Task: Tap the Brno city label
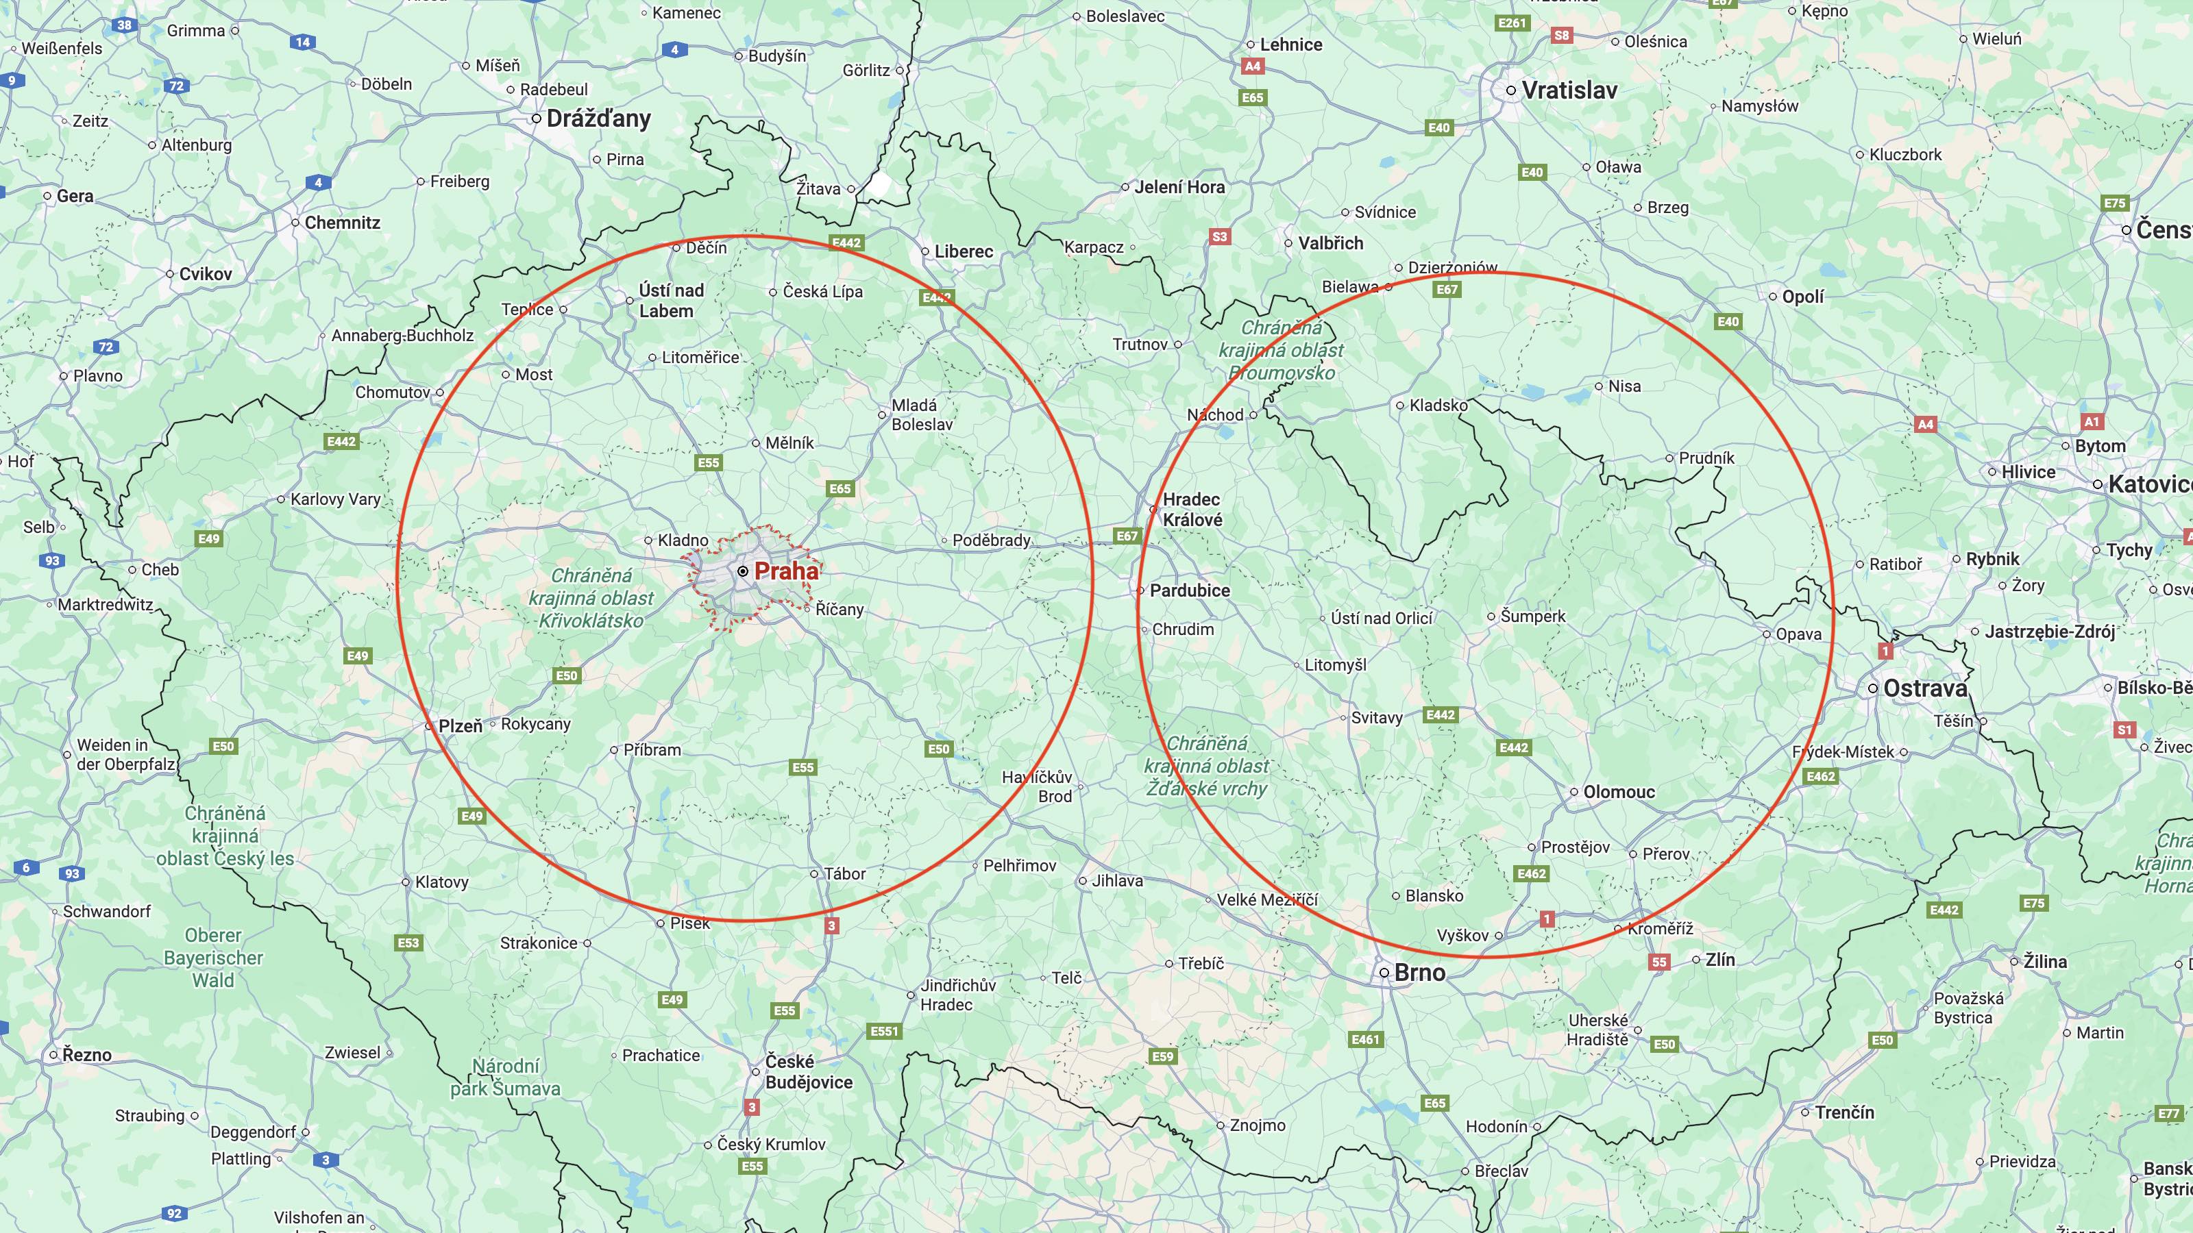coord(1419,973)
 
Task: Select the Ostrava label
coord(1925,688)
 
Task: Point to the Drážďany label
coord(598,119)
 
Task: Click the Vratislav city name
coord(1569,90)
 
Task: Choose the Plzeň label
coord(460,726)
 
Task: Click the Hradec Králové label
coord(1192,510)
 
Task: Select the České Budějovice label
coord(808,1072)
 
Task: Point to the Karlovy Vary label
coord(335,499)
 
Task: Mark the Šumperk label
coord(1532,616)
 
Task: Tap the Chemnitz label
coord(341,223)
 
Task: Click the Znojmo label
coord(1257,1125)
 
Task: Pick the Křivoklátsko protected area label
coord(591,598)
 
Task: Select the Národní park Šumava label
coord(505,1078)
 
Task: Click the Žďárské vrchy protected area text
coord(1206,766)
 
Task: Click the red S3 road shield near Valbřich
coord(1219,236)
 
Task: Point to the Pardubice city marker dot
coord(1141,590)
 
